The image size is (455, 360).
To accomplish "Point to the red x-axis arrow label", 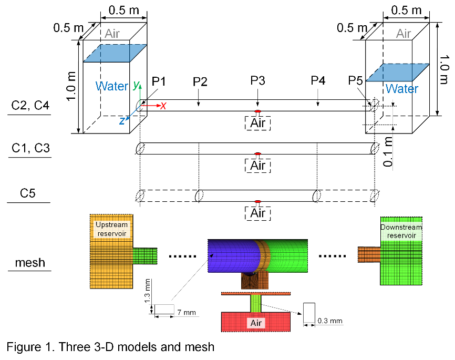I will [163, 106].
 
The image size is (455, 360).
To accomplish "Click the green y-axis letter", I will [136, 84].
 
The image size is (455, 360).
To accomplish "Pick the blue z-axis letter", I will [122, 120].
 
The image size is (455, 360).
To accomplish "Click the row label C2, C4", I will [30, 106].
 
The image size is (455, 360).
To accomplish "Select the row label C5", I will [30, 194].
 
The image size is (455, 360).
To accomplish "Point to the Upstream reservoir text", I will [111, 229].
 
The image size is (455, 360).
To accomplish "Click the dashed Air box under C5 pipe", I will [257, 213].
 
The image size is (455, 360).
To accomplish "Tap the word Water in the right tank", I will [402, 89].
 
